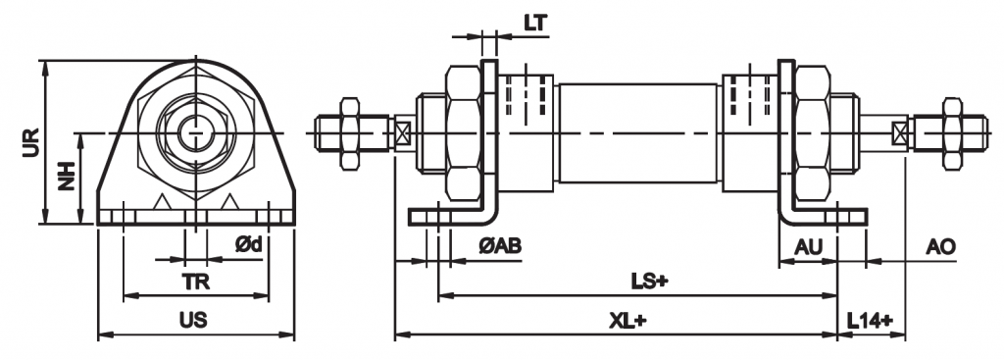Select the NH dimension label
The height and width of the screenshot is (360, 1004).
[67, 176]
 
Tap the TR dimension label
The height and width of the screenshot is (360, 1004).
[196, 282]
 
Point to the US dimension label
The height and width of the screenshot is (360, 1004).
[193, 320]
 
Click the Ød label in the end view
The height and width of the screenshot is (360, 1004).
[248, 244]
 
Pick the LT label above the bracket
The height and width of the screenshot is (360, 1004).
[534, 24]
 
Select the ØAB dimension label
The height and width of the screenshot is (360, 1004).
[500, 245]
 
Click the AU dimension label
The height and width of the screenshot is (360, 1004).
[808, 246]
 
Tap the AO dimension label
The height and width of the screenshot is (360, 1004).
[940, 246]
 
